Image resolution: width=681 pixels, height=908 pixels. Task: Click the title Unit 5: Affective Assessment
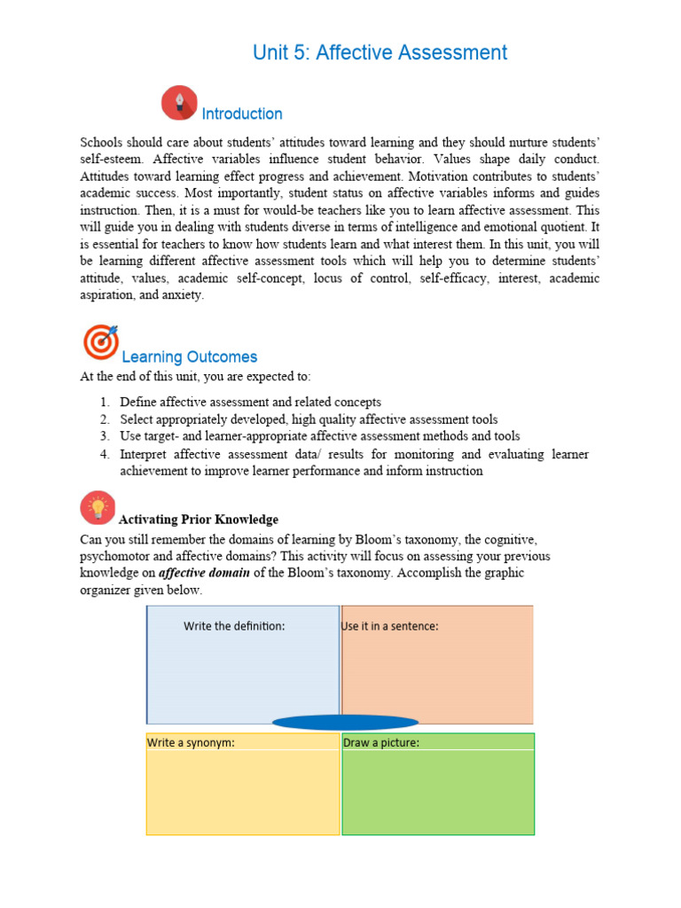380,52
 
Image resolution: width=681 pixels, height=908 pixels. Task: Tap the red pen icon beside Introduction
179,103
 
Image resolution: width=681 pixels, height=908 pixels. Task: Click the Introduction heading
242,113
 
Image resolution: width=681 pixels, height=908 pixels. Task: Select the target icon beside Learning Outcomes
99,342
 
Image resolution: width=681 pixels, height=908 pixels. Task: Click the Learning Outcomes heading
189,356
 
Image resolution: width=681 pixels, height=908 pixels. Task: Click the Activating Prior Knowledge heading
199,520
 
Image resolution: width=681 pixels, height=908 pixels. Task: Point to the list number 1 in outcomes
104,402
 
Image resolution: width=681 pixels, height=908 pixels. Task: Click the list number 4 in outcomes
104,454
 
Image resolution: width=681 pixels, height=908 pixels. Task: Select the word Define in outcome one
138,402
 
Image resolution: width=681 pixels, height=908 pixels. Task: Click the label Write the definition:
234,626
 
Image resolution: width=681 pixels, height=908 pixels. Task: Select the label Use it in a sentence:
390,626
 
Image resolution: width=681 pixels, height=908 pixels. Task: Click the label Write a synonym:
191,742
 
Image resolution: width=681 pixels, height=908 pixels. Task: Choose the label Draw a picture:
381,742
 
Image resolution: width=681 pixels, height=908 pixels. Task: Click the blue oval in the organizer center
345,722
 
